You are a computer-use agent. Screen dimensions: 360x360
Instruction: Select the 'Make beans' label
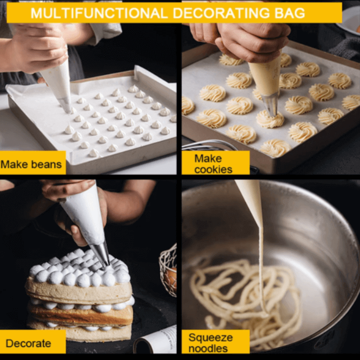[x=31, y=164]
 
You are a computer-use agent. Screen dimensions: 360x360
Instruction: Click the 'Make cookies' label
[x=214, y=164]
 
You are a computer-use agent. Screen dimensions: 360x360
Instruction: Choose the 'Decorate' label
[x=28, y=343]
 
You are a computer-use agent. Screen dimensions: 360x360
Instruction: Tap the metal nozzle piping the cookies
[x=270, y=104]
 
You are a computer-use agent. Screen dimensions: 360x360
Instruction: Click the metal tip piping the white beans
[x=66, y=104]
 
